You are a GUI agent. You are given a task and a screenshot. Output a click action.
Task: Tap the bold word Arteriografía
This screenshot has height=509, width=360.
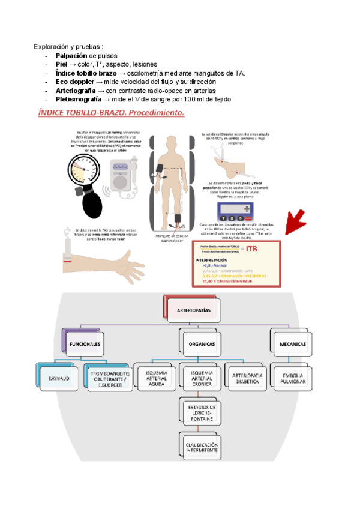[75, 90]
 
